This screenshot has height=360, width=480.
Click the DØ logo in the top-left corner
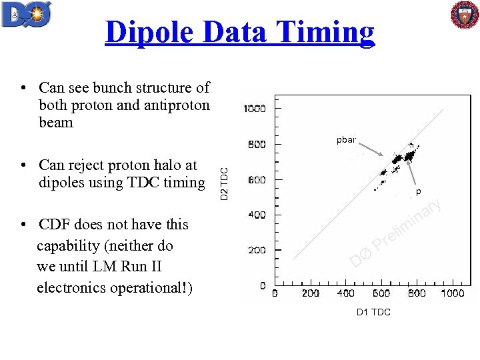click(x=27, y=15)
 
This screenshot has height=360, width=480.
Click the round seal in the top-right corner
click(x=464, y=16)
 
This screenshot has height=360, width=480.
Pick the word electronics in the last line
click(x=71, y=288)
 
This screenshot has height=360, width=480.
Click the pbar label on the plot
click(x=346, y=140)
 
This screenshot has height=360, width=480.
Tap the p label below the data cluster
click(x=419, y=191)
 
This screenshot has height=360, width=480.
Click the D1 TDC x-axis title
click(x=373, y=312)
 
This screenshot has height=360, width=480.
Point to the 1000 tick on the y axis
click(x=255, y=109)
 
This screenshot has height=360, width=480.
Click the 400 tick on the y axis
click(x=257, y=215)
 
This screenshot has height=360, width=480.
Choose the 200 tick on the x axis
click(x=310, y=293)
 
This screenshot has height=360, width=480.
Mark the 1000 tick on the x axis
click(x=451, y=293)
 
